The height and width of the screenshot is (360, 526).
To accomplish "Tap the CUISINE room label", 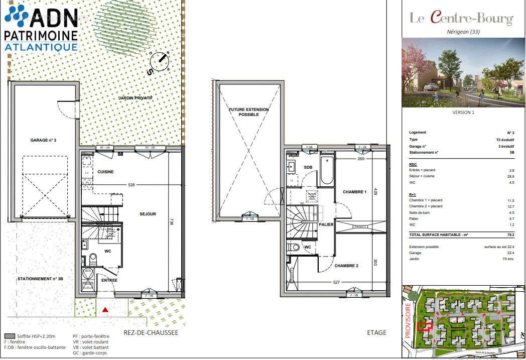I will tap(105, 172).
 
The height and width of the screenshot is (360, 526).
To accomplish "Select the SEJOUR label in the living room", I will tap(148, 214).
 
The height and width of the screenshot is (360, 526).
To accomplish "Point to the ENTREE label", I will tap(109, 280).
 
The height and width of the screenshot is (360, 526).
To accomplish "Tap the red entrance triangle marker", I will tap(105, 310).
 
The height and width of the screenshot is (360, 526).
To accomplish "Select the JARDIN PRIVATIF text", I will tap(135, 98).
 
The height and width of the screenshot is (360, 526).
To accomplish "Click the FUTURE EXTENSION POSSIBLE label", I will tap(248, 112).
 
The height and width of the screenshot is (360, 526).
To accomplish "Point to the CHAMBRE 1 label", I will tap(355, 192).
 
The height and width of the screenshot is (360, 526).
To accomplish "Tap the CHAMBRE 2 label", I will tap(346, 266).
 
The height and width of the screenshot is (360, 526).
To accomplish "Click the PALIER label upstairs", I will tap(326, 224).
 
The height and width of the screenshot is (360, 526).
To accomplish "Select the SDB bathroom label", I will tap(308, 167).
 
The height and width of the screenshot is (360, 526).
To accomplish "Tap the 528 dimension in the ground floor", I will tap(131, 185).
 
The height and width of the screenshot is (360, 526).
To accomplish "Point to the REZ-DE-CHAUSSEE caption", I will tap(151, 332).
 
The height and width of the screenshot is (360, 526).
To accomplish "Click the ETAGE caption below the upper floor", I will tap(376, 332).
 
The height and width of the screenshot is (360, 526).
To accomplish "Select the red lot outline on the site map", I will tap(425, 326).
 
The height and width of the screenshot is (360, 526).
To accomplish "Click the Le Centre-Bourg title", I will tap(461, 19).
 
